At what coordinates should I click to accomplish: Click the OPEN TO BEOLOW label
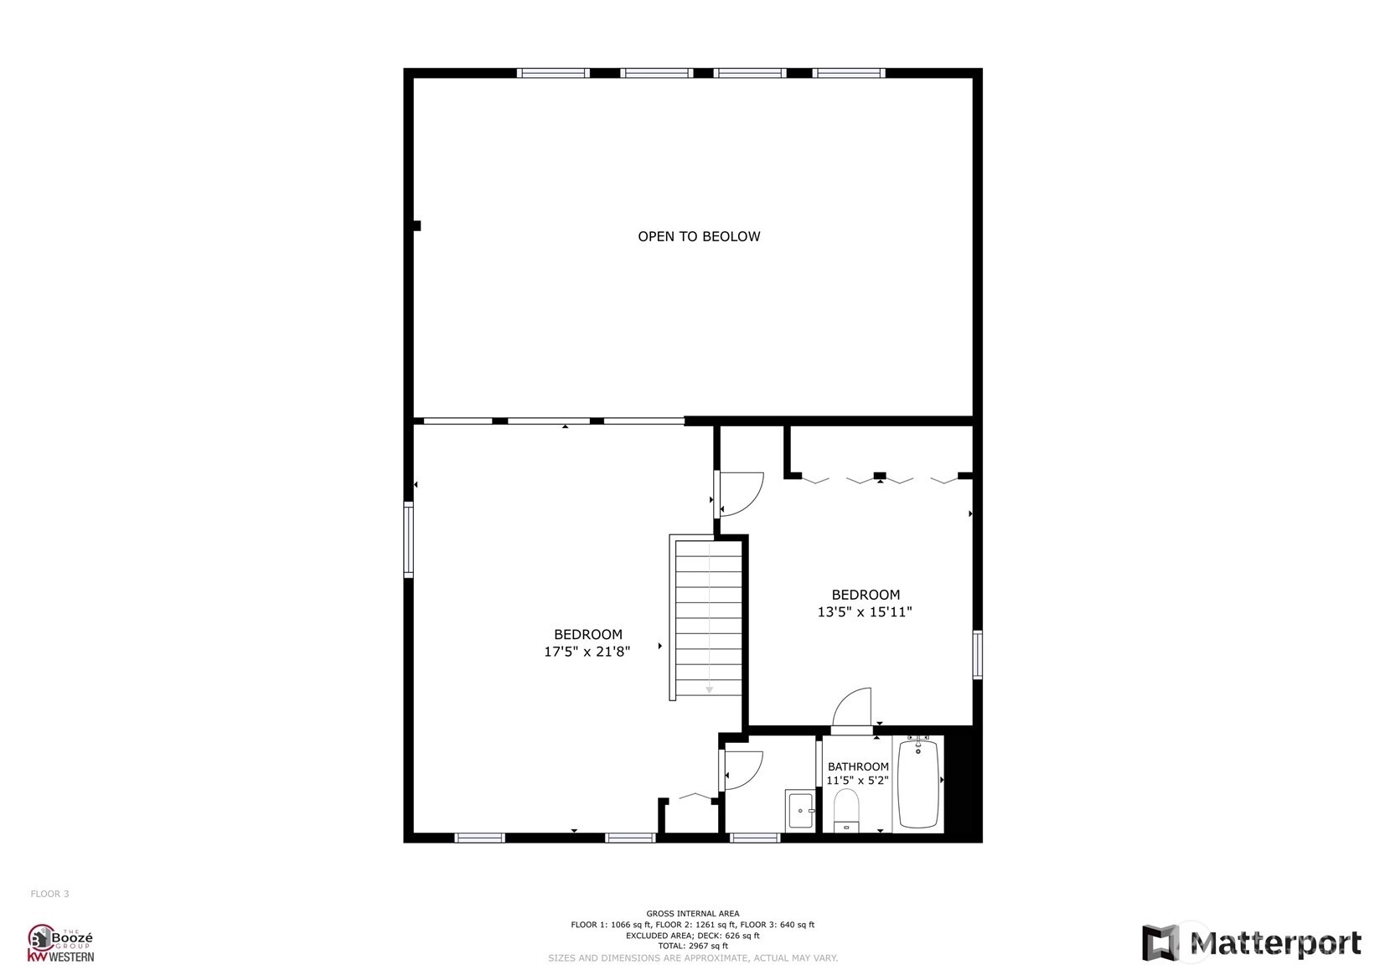pos(699,236)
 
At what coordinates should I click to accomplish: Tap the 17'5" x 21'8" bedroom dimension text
pos(587,652)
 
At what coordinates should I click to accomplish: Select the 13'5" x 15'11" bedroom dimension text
pos(865,611)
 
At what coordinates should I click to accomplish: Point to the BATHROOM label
pos(857,766)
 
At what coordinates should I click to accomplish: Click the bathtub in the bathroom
pos(918,783)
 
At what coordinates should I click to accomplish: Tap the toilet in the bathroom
pos(846,810)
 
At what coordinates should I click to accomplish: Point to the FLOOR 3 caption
pos(50,894)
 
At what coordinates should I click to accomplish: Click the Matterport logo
pos(1251,941)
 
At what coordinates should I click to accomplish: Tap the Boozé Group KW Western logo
pos(61,943)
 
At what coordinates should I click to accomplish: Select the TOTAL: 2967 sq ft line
pos(692,946)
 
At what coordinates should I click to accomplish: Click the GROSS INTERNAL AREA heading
pos(692,913)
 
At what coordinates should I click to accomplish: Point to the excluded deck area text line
pos(692,935)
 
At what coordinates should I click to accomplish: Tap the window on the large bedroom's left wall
pos(408,539)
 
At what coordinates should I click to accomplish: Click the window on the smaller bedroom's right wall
pos(977,655)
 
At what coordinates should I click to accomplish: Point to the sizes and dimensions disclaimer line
pos(692,957)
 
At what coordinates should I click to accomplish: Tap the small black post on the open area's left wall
pos(417,226)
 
